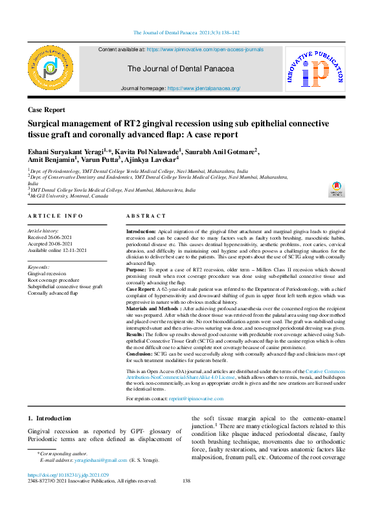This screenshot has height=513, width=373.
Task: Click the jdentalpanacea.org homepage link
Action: click(204, 88)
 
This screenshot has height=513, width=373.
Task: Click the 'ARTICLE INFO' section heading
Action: click(55, 216)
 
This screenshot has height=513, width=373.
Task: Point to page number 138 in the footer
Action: click(186, 481)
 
